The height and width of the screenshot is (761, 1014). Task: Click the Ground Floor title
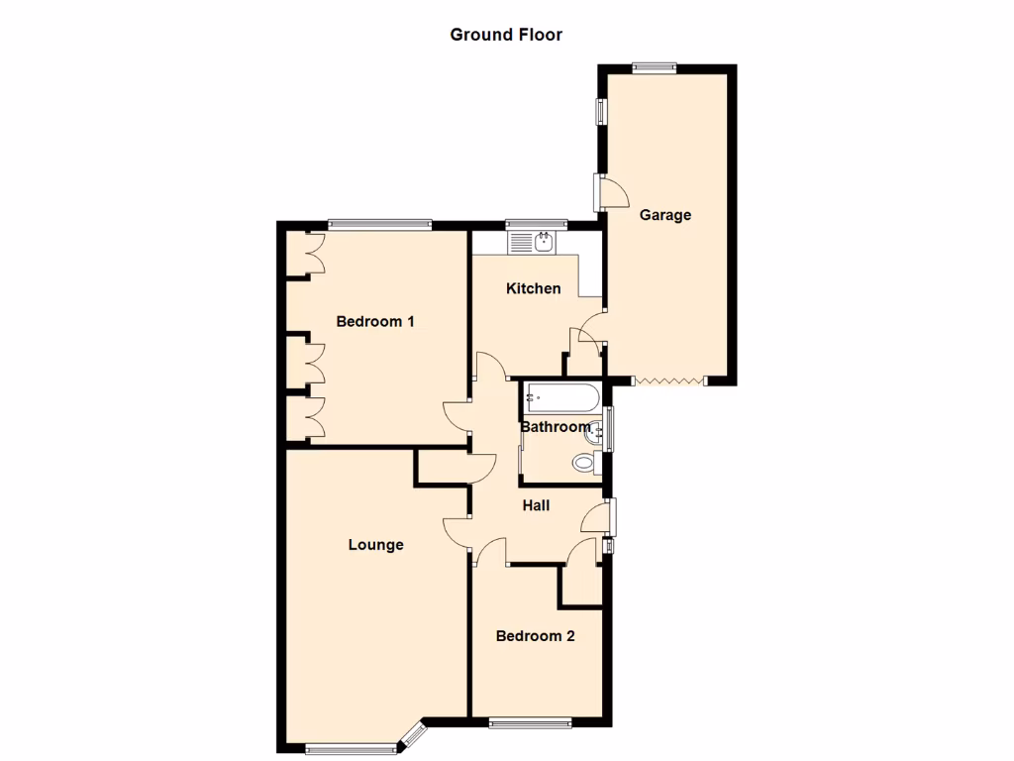coord(506,35)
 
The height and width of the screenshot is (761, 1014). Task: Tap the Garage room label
coord(664,215)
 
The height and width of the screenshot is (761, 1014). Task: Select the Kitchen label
coord(534,288)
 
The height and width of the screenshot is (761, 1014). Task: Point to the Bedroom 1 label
coord(375,321)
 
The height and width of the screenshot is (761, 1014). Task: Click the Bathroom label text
coord(555,427)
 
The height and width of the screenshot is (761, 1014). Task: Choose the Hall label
coord(536,505)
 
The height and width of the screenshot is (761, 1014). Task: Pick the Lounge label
coord(376,544)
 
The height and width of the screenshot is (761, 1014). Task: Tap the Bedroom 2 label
coord(535,636)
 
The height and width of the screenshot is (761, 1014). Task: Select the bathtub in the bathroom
coord(560,397)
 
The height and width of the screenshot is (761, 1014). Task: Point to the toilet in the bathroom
coord(585,462)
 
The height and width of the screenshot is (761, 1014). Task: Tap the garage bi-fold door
coord(668,380)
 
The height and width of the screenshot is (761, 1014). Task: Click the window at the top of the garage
coord(655,67)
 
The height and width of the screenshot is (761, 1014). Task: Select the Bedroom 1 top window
coord(379,224)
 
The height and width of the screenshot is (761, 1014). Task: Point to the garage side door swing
coord(611,191)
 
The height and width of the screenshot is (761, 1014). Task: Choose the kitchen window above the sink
coord(534,224)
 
